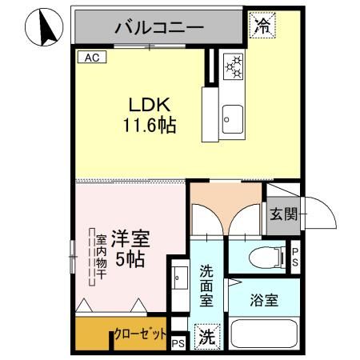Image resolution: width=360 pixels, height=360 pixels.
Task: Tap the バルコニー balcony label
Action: [x=158, y=26]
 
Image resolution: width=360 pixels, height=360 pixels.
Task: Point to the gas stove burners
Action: [x=233, y=67]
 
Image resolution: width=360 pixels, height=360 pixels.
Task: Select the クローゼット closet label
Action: [x=141, y=334]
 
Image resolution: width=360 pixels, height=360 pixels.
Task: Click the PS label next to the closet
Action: [x=178, y=343]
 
